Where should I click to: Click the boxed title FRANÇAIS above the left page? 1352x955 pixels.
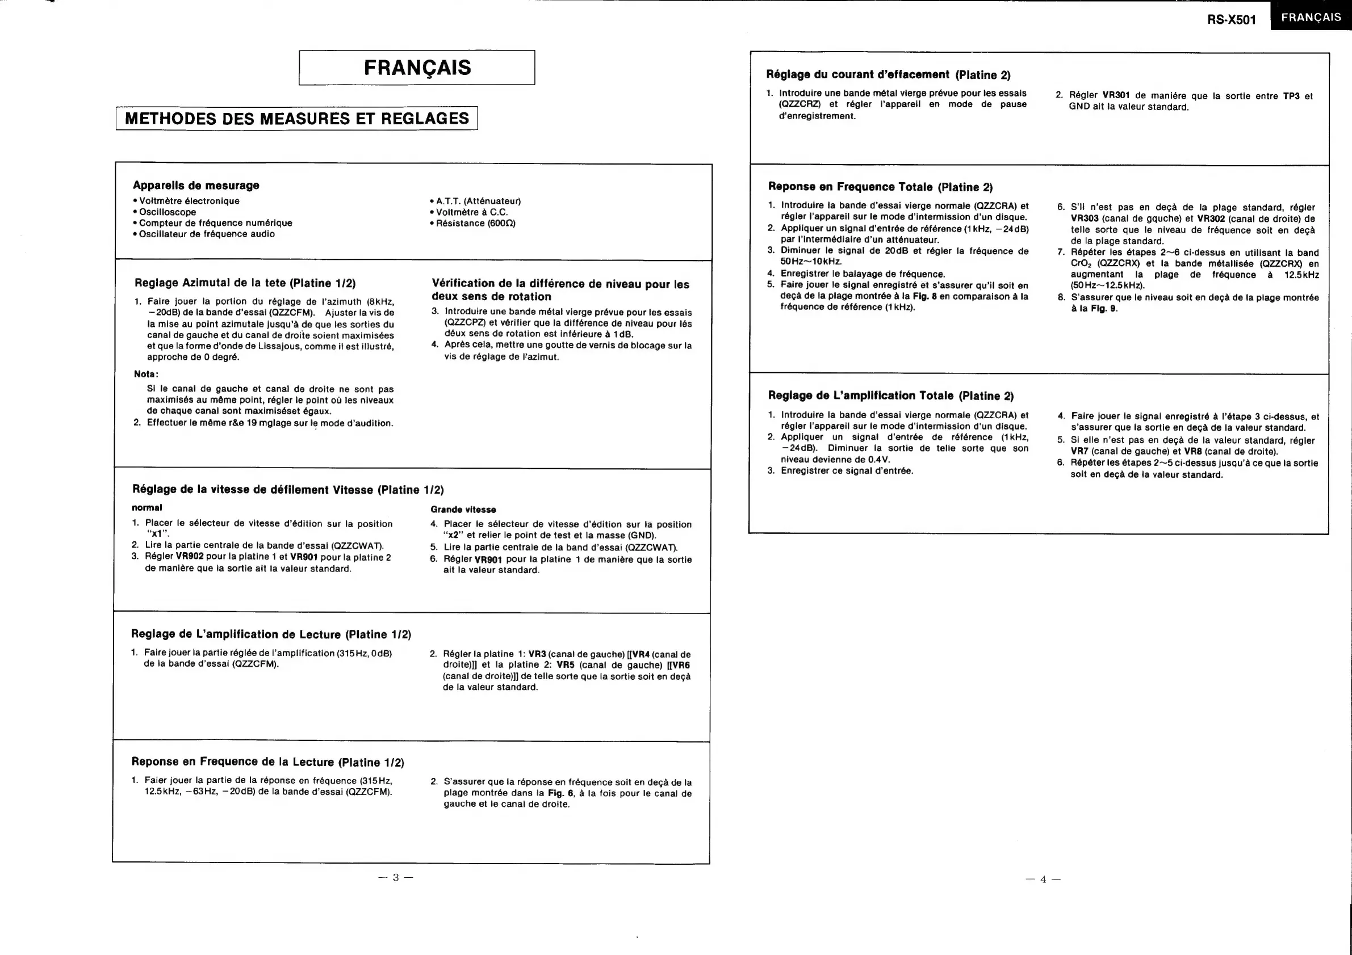click(417, 68)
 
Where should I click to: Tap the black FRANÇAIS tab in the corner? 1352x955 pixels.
click(1311, 17)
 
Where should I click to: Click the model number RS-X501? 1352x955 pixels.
click(1231, 19)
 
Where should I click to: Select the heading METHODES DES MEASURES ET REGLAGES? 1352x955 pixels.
click(297, 118)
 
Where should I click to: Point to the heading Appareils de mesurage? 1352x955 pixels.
click(196, 186)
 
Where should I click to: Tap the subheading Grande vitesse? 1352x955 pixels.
click(463, 510)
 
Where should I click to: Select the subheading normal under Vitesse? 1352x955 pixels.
click(146, 507)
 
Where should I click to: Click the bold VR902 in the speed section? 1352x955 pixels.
click(190, 557)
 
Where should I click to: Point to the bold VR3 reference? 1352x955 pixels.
click(537, 654)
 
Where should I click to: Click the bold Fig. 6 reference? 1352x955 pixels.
click(560, 793)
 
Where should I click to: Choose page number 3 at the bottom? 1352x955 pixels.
click(396, 877)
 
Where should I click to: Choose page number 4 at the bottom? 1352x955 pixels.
click(1043, 880)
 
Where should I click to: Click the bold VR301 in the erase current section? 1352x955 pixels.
click(1115, 95)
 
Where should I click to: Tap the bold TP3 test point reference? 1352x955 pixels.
click(1291, 96)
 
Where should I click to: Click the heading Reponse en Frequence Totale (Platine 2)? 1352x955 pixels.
click(880, 187)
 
